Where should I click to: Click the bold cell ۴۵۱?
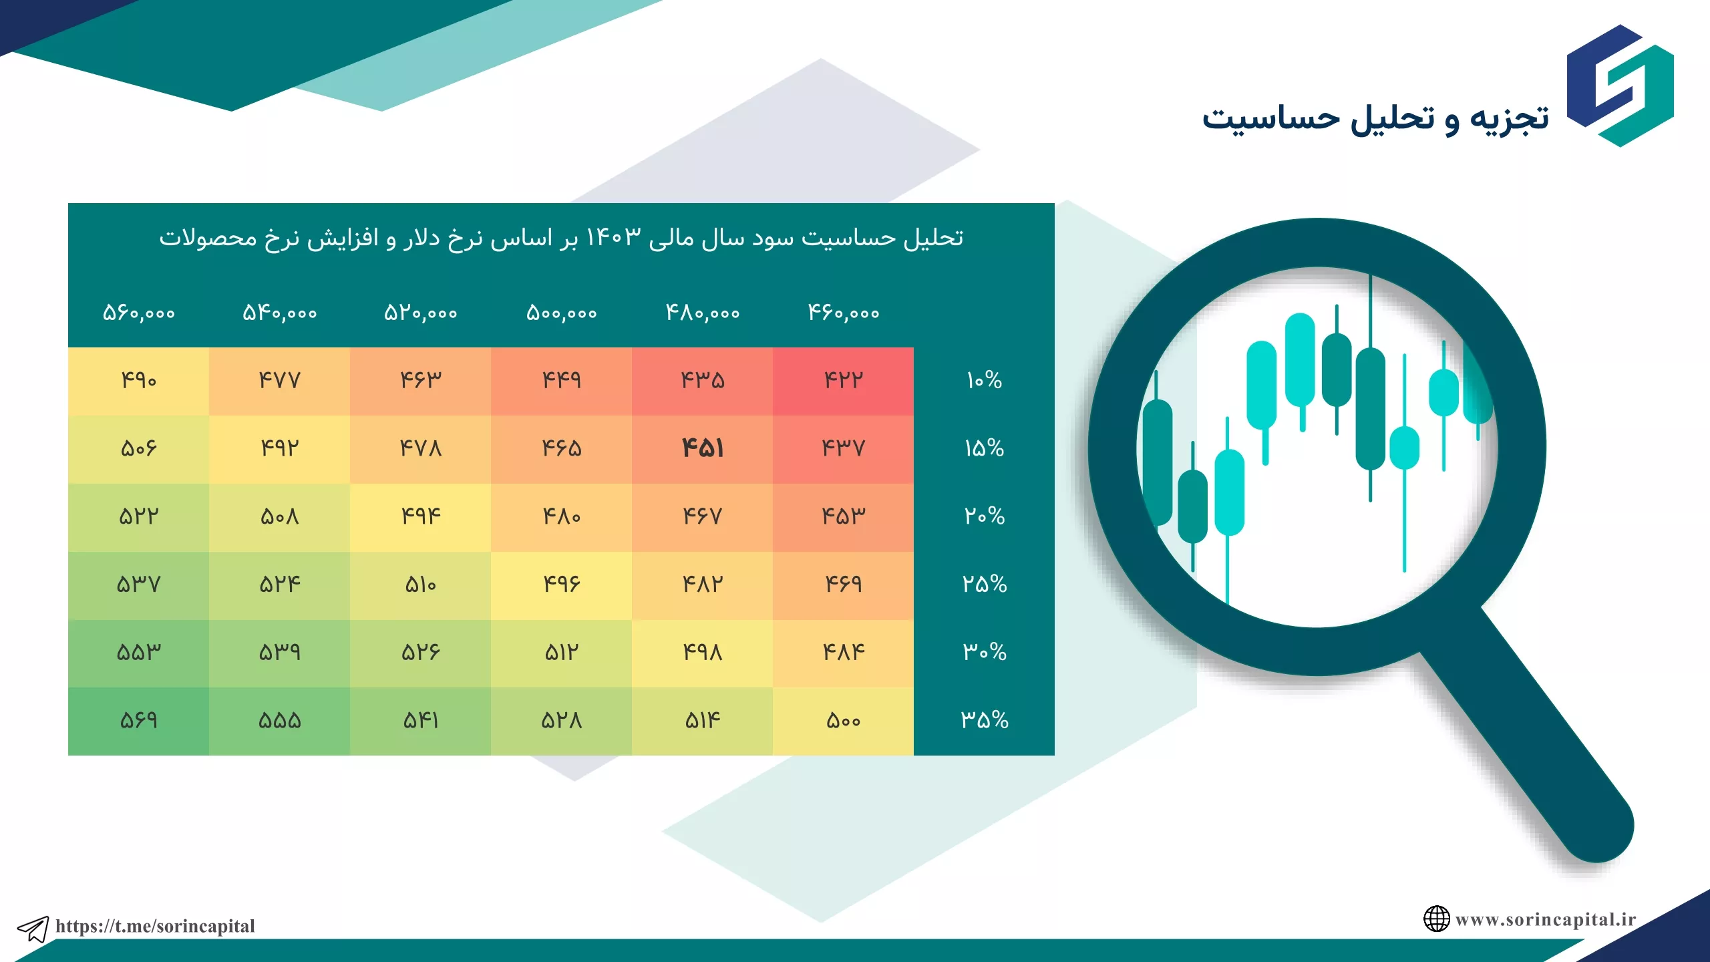(702, 448)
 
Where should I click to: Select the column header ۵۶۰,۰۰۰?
(139, 313)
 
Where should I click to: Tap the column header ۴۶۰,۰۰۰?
(844, 312)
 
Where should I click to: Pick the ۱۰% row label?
(984, 380)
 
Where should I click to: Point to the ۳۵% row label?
(984, 719)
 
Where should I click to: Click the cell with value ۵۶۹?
(138, 721)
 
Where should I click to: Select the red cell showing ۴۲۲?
(843, 381)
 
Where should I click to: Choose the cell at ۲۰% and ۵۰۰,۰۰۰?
(561, 517)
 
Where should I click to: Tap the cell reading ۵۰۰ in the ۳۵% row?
(843, 721)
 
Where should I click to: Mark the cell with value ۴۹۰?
(138, 381)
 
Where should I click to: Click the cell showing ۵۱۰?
(420, 585)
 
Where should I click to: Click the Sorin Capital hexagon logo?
(1620, 86)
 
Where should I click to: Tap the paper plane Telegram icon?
(33, 929)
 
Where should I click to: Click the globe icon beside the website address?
(1436, 919)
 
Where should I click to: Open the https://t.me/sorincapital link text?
(155, 926)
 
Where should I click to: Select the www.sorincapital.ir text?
(1546, 920)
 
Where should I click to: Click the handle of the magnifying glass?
(1530, 742)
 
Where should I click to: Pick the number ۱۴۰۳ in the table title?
(613, 238)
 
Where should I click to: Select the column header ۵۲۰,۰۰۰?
(420, 313)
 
